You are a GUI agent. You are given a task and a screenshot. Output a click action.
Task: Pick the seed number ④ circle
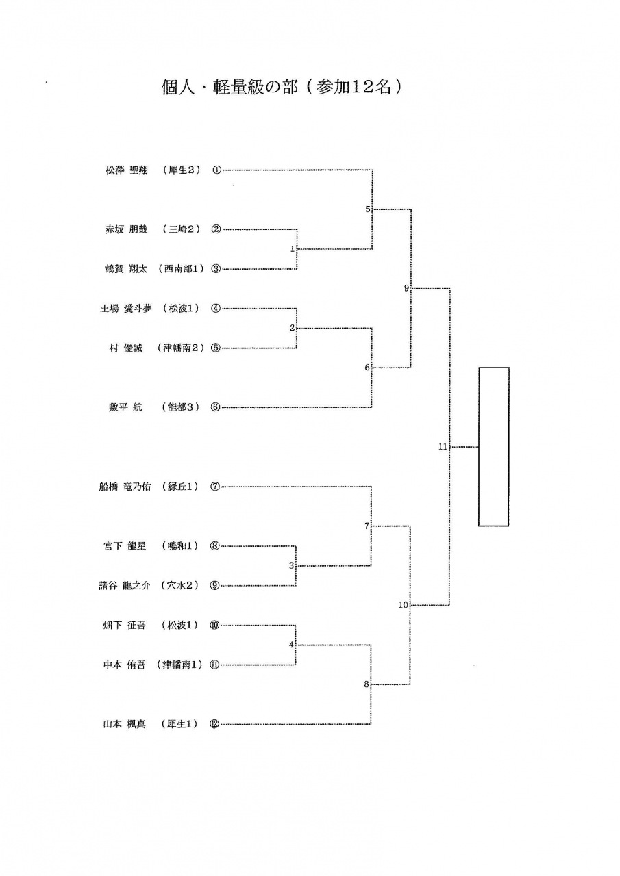pyautogui.click(x=216, y=309)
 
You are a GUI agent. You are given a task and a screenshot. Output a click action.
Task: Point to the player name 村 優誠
pyautogui.click(x=125, y=348)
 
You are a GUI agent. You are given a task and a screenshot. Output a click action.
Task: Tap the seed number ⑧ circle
pyautogui.click(x=215, y=546)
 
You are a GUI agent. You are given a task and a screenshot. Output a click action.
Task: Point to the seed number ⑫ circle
pyautogui.click(x=215, y=724)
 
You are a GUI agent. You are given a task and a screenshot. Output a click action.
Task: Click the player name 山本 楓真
pyautogui.click(x=125, y=724)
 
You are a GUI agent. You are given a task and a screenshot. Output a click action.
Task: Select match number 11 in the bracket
pyautogui.click(x=443, y=447)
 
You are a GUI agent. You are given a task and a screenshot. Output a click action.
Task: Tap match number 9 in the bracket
pyautogui.click(x=406, y=289)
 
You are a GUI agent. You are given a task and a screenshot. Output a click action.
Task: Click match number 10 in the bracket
pyautogui.click(x=403, y=605)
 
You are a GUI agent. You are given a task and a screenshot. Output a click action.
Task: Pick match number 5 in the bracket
pyautogui.click(x=368, y=209)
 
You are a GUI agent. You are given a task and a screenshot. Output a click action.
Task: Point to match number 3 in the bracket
pyautogui.click(x=291, y=566)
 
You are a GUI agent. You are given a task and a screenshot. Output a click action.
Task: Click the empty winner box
pyautogui.click(x=493, y=446)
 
